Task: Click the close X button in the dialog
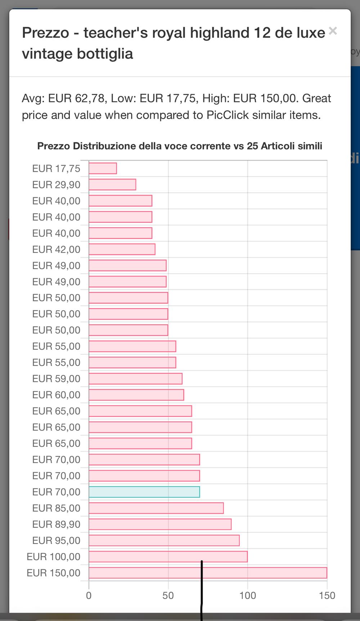(333, 31)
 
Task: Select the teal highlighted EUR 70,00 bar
(144, 492)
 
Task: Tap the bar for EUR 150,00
(208, 573)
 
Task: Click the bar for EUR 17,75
(103, 168)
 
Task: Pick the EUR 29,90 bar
(112, 185)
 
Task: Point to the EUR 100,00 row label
(53, 557)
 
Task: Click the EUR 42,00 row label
(56, 249)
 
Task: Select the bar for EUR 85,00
(156, 508)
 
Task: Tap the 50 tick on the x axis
(168, 595)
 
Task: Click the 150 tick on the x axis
(327, 595)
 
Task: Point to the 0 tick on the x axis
(89, 595)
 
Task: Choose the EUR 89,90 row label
(56, 524)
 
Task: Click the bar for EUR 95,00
(164, 540)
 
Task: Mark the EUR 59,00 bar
(135, 379)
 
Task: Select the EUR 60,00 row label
(56, 395)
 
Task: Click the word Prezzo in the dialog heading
(45, 33)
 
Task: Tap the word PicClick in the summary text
(228, 115)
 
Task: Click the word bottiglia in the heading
(105, 54)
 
